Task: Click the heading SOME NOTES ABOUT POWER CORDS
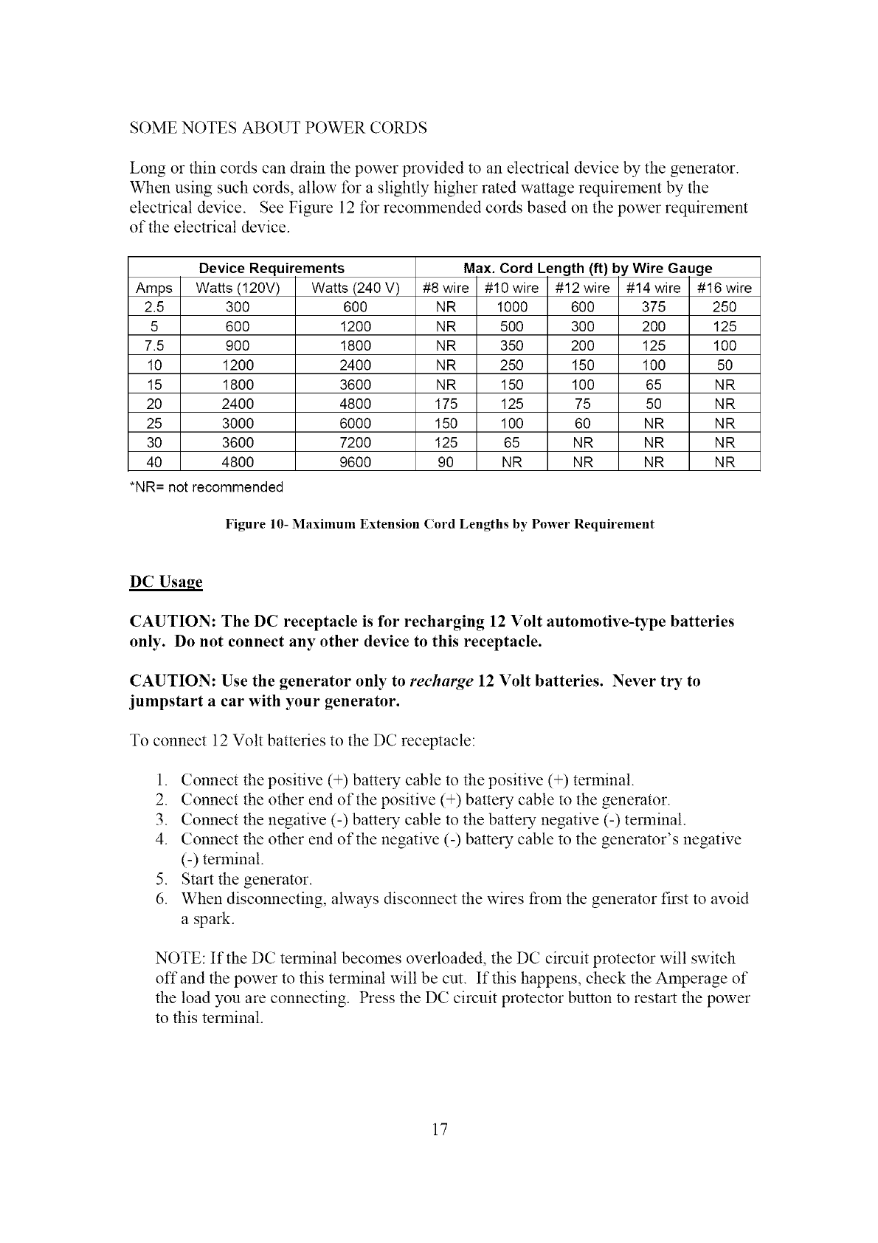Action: pos(278,128)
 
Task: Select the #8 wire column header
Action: pos(446,288)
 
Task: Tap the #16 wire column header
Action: pos(724,288)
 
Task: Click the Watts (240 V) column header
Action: pos(355,288)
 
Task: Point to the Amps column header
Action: pos(154,288)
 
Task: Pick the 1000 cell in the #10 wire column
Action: pos(511,307)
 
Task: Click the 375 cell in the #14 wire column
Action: pos(653,307)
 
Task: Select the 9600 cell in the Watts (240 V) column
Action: pos(355,463)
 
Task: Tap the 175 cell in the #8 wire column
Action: pos(446,404)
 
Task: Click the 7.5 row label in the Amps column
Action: pos(154,345)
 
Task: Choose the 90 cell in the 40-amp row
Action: pos(446,463)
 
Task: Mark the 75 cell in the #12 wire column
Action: pos(582,404)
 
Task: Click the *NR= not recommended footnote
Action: pos(206,487)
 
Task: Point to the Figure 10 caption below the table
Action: pos(439,525)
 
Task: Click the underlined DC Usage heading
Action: pos(165,582)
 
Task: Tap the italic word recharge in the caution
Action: pos(441,681)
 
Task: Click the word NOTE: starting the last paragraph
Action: pos(180,959)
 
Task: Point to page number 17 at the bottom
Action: pos(440,1129)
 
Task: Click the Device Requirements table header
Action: pos(272,268)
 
